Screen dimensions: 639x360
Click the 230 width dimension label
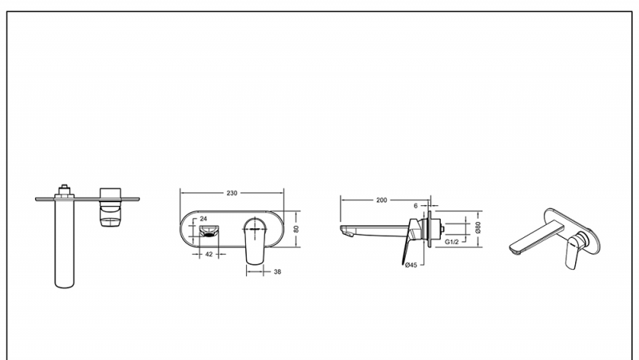(x=232, y=193)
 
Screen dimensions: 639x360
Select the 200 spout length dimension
(x=382, y=200)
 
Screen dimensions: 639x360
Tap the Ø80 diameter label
(x=478, y=227)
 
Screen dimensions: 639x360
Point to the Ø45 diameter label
(x=411, y=265)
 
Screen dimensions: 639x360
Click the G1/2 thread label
(x=451, y=242)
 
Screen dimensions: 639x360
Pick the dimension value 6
(x=415, y=206)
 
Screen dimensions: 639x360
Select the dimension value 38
(x=277, y=271)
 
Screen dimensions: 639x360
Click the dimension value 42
(x=208, y=254)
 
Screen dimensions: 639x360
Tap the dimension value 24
(x=204, y=219)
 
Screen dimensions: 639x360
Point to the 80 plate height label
(x=296, y=229)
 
